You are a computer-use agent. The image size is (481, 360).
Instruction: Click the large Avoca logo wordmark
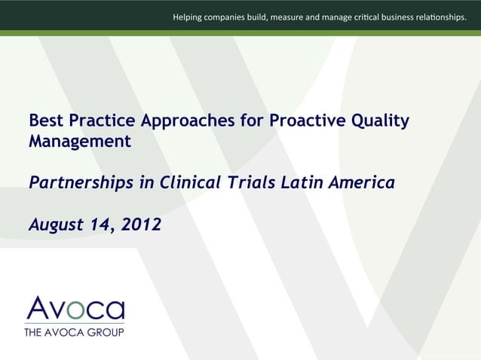coord(75,309)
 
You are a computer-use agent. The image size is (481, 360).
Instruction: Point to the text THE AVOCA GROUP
coord(74,331)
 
